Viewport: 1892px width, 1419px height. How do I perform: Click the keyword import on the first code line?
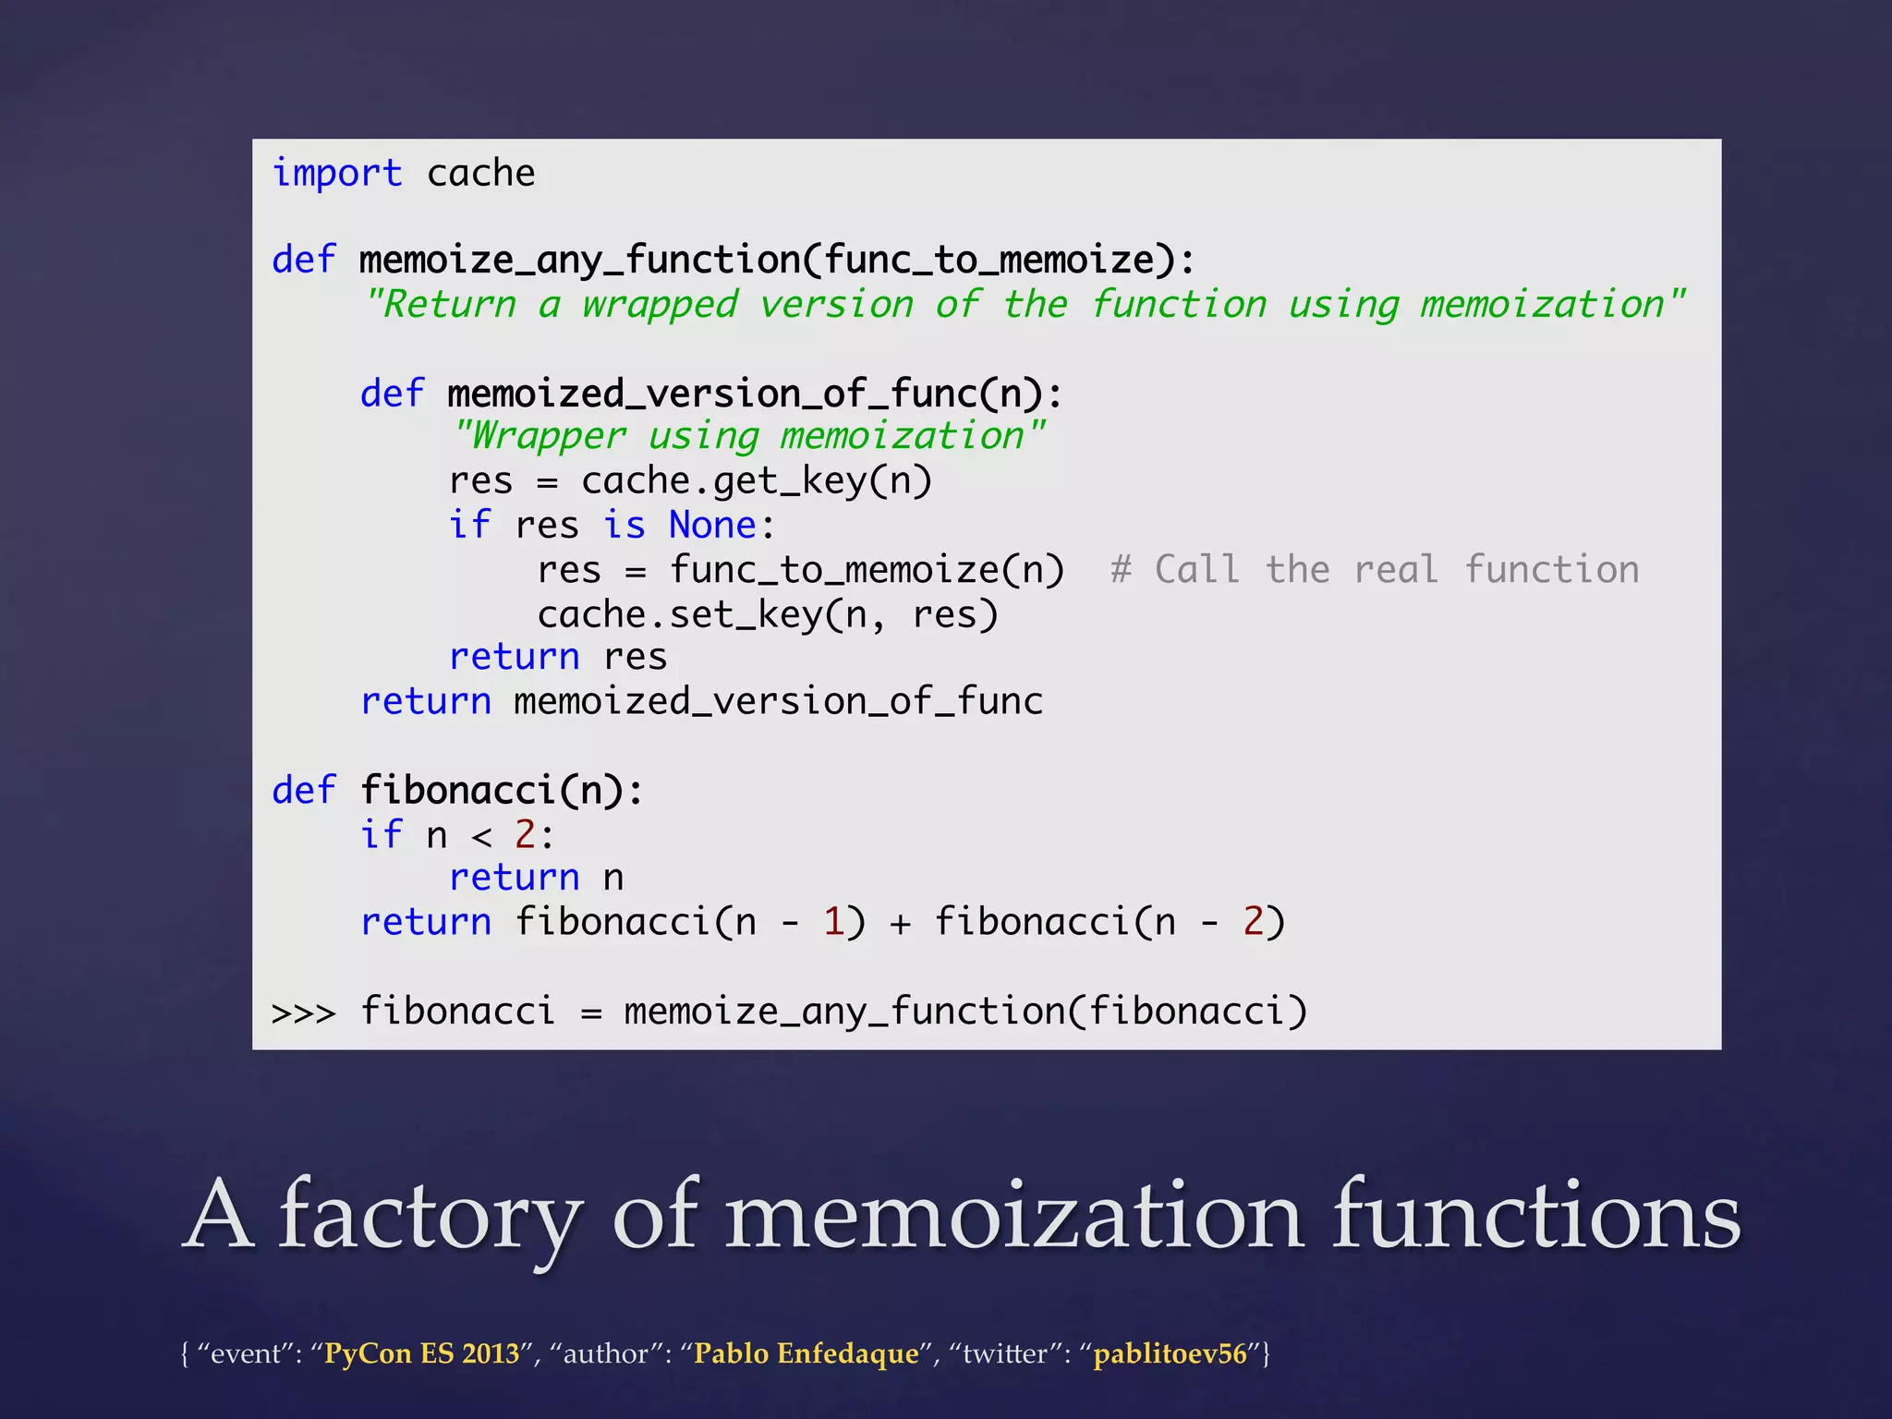coord(337,174)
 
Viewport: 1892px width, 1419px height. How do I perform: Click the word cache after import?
coord(480,174)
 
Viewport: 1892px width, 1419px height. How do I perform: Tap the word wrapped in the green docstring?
coord(660,305)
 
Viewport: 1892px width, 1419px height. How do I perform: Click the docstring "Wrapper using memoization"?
coord(748,436)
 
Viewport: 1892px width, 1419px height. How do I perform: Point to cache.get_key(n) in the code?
coord(757,481)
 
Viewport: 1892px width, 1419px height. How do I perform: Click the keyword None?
coord(712,526)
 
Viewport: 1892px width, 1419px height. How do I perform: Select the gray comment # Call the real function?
coord(1375,570)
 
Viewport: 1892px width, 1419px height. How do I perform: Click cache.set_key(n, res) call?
coord(768,615)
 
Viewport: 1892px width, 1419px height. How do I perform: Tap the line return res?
coord(557,658)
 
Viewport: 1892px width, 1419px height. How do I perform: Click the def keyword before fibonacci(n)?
coord(304,791)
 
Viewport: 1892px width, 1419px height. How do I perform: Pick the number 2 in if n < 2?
coord(525,835)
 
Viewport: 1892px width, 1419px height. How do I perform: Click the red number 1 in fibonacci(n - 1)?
coord(833,922)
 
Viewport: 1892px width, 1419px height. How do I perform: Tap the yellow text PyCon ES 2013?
coord(421,1353)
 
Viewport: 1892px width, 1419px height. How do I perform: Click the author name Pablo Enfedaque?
coord(806,1353)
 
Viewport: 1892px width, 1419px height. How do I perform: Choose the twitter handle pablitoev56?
coord(1170,1353)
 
